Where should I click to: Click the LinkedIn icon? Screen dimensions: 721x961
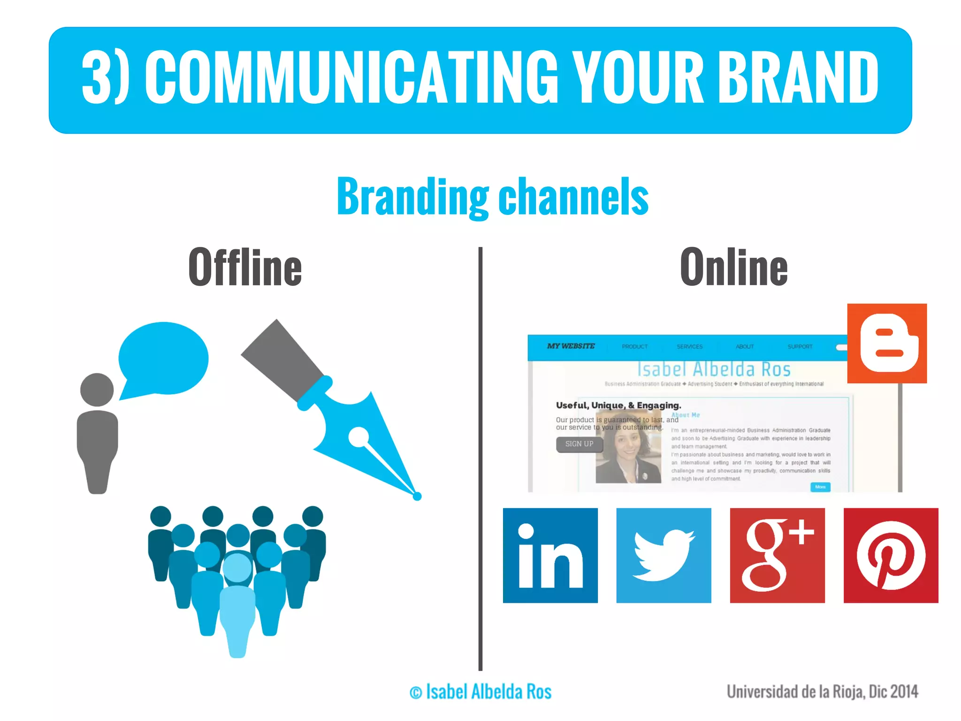(550, 555)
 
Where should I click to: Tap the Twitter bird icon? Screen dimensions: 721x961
(664, 555)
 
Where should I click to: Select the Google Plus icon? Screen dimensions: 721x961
(777, 555)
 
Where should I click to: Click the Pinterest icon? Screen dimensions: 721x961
(891, 555)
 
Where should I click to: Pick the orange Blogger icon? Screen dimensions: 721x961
(887, 343)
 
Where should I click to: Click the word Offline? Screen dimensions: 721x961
(245, 267)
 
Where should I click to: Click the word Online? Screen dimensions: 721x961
(733, 267)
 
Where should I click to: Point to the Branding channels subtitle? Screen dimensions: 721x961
(493, 197)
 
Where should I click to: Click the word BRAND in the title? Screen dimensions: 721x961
(798, 77)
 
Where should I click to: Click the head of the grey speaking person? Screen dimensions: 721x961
(97, 390)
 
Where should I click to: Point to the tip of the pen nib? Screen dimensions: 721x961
(417, 496)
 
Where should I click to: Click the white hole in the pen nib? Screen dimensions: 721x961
(359, 437)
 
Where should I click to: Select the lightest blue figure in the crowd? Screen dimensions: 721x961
(237, 606)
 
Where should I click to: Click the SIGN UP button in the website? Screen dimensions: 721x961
(579, 444)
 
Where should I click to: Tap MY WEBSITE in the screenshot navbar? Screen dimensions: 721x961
(571, 346)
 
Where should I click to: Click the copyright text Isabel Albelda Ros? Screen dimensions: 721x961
(481, 692)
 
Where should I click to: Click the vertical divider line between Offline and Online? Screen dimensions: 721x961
(480, 460)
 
